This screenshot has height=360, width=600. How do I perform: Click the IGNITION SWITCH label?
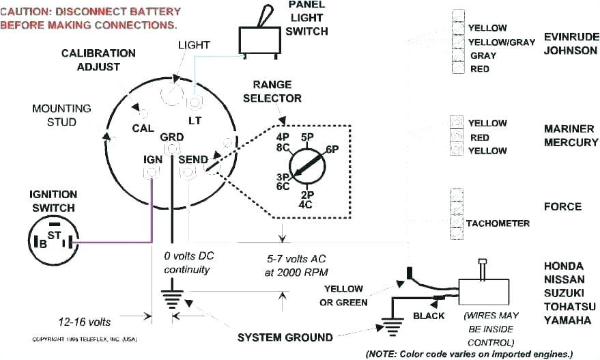[x=53, y=201]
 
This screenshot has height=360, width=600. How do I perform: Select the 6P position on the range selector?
[x=332, y=150]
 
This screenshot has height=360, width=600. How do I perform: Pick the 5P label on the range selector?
[x=306, y=137]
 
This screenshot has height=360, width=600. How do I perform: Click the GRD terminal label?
[x=172, y=137]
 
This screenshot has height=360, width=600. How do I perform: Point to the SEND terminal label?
[x=192, y=160]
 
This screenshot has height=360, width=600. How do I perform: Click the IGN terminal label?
[x=152, y=159]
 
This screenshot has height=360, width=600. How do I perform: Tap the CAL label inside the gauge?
[x=142, y=128]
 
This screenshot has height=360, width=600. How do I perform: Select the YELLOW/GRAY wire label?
[x=502, y=42]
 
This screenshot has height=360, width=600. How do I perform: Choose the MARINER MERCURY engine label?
[x=571, y=135]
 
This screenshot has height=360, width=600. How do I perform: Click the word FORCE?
[x=562, y=206]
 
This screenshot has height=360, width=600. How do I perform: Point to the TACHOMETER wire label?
[x=498, y=223]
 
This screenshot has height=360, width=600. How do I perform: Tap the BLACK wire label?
[x=429, y=316]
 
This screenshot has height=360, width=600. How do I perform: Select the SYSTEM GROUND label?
[x=285, y=337]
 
